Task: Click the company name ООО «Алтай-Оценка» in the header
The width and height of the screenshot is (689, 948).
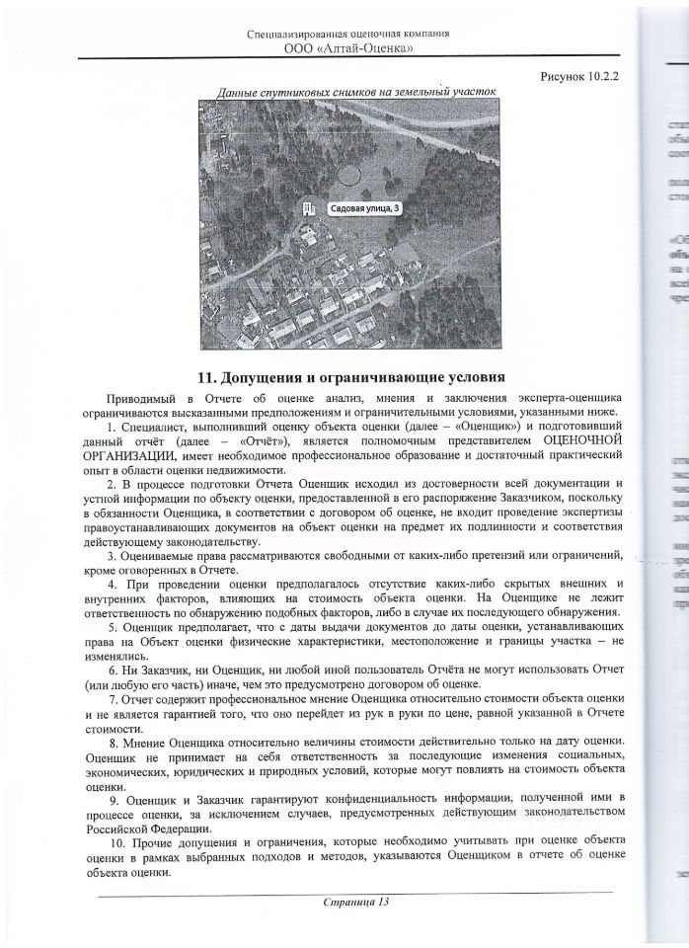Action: coord(348,47)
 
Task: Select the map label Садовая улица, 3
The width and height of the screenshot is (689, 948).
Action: coord(365,208)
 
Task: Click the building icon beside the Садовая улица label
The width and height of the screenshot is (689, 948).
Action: coord(310,208)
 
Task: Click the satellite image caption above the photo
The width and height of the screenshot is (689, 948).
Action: coord(355,92)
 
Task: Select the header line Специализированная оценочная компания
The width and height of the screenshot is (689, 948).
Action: coord(348,33)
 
